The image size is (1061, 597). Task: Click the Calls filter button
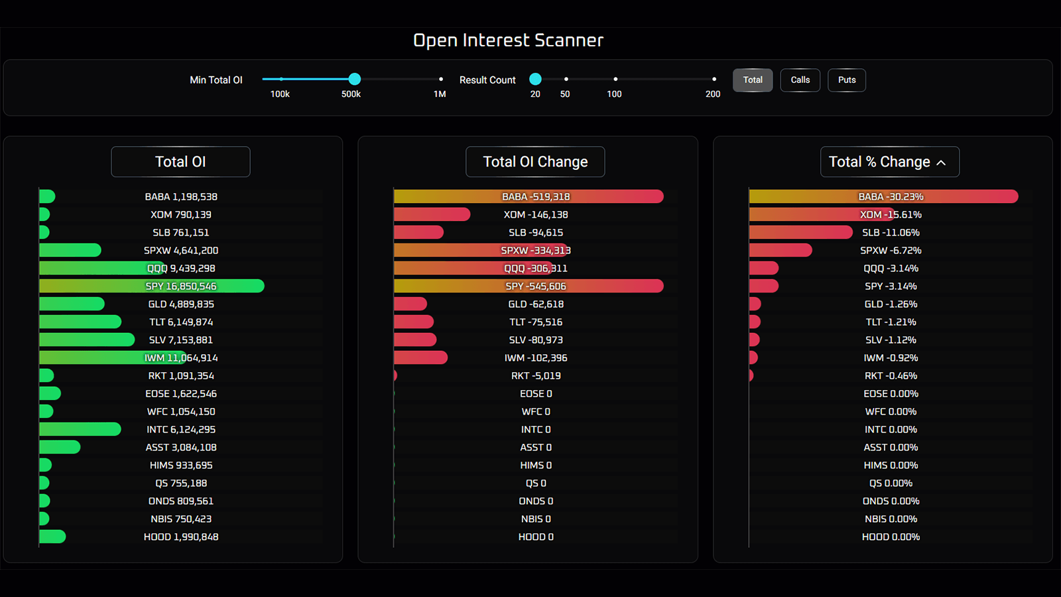(x=800, y=80)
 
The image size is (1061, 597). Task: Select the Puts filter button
(x=846, y=80)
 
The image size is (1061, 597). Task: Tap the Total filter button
(x=753, y=80)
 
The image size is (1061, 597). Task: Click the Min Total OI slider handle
(x=355, y=79)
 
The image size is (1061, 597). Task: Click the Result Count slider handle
(x=536, y=79)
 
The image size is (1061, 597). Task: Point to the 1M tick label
(x=440, y=94)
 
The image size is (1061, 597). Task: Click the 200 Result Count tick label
(x=713, y=94)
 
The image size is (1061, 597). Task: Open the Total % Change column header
(x=889, y=162)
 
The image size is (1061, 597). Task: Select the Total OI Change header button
(x=535, y=162)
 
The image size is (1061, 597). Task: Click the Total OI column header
(x=180, y=162)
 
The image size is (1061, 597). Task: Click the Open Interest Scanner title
(x=508, y=40)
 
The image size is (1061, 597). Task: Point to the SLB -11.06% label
(x=891, y=233)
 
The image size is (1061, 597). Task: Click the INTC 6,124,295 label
(x=181, y=430)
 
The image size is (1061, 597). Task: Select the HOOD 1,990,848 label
(x=181, y=537)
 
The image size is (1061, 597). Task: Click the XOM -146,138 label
(x=536, y=215)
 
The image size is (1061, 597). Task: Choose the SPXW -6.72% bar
(x=780, y=250)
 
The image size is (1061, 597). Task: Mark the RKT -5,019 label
(x=536, y=376)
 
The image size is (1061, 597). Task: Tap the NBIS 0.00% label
(x=891, y=519)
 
